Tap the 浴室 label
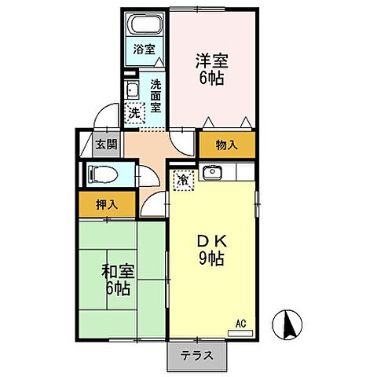pos(145,49)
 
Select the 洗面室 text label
pos(156,96)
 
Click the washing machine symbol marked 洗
pos(134,113)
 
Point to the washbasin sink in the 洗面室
pos(132,90)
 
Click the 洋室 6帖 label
pos(212,69)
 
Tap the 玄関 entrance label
pos(106,145)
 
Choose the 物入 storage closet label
pos(227,145)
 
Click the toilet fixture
pos(103,174)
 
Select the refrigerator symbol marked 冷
pos(184,180)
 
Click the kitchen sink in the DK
pos(212,171)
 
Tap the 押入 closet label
pos(107,205)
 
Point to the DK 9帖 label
pos(211,251)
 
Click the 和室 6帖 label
pos(118,280)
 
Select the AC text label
pos(241,324)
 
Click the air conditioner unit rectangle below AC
pos(240,333)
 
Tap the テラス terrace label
pos(197,356)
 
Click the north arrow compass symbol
pos(287,325)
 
